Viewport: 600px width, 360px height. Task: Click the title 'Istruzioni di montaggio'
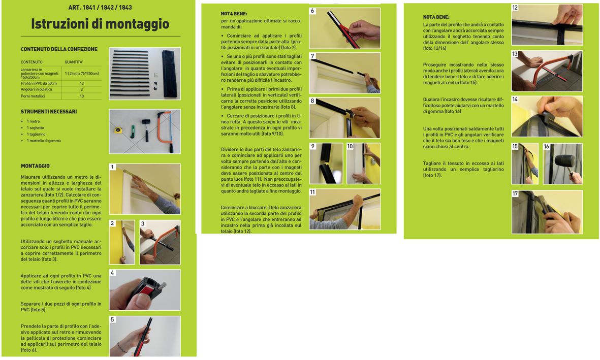pyautogui.click(x=100, y=24)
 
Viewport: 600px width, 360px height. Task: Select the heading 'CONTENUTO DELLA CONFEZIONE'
pyautogui.click(x=59, y=49)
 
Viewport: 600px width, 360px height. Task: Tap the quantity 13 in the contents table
pyautogui.click(x=81, y=83)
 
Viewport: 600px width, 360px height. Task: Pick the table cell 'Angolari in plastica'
pyautogui.click(x=37, y=89)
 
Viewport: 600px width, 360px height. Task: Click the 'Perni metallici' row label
pyautogui.click(x=33, y=96)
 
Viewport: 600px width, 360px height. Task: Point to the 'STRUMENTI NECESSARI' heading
pyautogui.click(x=49, y=112)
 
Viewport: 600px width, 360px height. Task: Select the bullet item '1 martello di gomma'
pyautogui.click(x=44, y=141)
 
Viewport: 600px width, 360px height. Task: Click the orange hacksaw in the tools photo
pyautogui.click(x=167, y=129)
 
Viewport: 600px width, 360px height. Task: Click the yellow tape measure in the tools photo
pyautogui.click(x=118, y=130)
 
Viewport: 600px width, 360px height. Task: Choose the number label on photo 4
pyautogui.click(x=112, y=273)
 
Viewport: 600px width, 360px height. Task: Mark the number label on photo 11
pyautogui.click(x=312, y=192)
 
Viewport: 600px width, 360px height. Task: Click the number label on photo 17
pyautogui.click(x=515, y=194)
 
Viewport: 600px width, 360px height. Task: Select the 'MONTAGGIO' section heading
pyautogui.click(x=35, y=166)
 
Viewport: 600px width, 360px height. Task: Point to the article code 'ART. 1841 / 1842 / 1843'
pyautogui.click(x=100, y=7)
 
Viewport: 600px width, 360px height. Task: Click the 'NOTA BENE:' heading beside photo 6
pyautogui.click(x=234, y=14)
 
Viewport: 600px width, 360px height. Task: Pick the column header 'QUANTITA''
pyautogui.click(x=74, y=62)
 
